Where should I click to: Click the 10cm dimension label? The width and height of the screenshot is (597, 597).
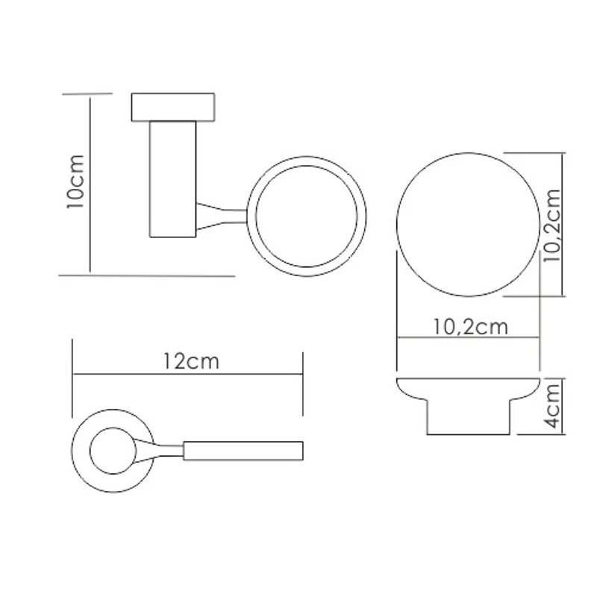pyautogui.click(x=75, y=181)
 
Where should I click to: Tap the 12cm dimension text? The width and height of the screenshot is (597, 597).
pyautogui.click(x=192, y=361)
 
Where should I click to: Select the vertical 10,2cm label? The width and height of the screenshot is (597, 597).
pyautogui.click(x=552, y=225)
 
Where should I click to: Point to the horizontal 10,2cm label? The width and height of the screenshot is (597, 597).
pyautogui.click(x=471, y=327)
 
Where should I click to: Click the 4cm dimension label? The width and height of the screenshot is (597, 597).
pyautogui.click(x=552, y=405)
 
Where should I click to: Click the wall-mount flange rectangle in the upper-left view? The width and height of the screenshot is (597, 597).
pyautogui.click(x=173, y=107)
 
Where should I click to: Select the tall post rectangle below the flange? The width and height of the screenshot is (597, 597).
pyautogui.click(x=173, y=179)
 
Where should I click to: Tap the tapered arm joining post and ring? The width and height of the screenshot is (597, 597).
pyautogui.click(x=222, y=216)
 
